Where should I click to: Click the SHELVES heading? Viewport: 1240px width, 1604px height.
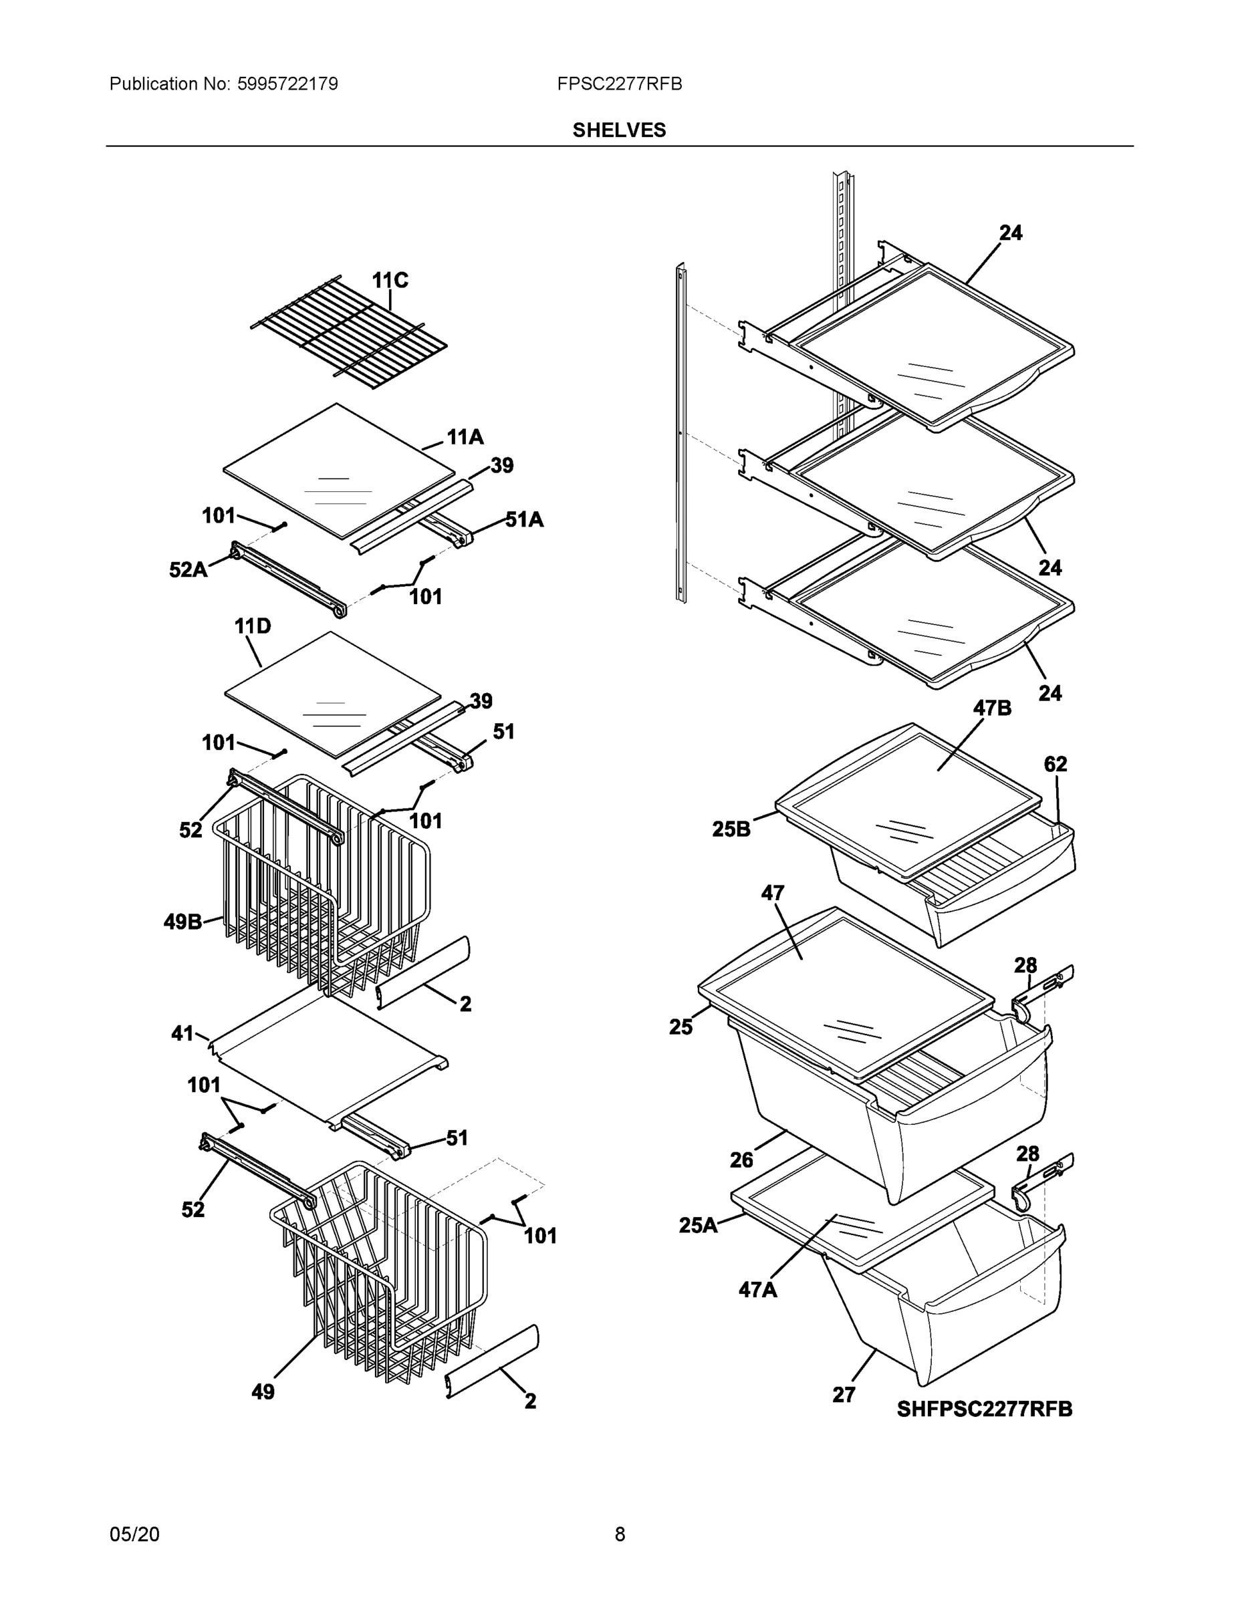[618, 130]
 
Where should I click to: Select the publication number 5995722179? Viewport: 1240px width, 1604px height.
[287, 84]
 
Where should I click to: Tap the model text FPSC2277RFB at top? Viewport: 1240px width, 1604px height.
[618, 84]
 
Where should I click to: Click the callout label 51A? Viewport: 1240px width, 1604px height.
[525, 520]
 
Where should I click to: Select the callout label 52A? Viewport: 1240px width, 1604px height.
[188, 569]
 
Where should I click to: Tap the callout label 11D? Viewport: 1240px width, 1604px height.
[252, 626]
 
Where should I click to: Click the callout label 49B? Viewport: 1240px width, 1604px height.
[182, 922]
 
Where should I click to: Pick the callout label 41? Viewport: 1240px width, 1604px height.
[182, 1033]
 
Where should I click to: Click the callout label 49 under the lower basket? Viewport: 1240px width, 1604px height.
[263, 1391]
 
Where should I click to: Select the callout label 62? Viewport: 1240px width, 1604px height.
[1055, 765]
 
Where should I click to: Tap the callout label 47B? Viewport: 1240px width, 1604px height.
[992, 708]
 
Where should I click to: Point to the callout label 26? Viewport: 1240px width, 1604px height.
[741, 1160]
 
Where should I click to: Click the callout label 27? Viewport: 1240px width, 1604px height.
[844, 1395]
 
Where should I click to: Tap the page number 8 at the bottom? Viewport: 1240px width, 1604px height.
[619, 1534]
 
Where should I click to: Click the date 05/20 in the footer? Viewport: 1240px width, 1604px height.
[134, 1534]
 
